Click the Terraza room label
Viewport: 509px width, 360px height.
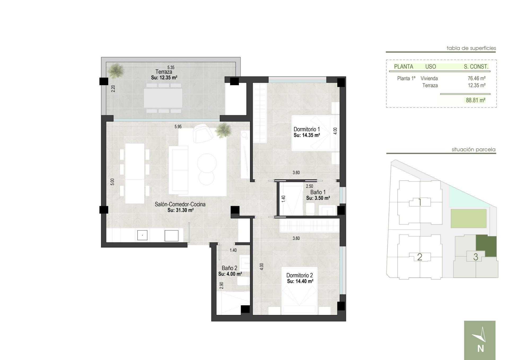point(164,72)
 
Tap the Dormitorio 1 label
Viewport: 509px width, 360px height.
point(306,129)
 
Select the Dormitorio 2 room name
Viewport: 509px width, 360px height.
point(300,275)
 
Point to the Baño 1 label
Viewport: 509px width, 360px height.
point(318,192)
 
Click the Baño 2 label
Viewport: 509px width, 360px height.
point(229,268)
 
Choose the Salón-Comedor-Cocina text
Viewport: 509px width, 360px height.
point(180,204)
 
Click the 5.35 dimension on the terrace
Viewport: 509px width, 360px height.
point(171,68)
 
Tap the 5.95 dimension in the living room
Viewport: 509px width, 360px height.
point(178,127)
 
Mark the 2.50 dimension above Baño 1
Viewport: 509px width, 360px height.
point(309,186)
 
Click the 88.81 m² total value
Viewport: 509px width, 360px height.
point(476,100)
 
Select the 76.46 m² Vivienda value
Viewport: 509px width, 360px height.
point(476,78)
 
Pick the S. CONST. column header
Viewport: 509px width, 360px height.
point(476,67)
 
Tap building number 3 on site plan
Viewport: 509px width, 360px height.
point(476,257)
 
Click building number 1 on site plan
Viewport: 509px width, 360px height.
point(420,202)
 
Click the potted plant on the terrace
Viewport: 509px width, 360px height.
point(116,70)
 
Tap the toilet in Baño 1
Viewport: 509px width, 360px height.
point(310,209)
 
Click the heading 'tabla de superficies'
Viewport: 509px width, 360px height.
point(471,48)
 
